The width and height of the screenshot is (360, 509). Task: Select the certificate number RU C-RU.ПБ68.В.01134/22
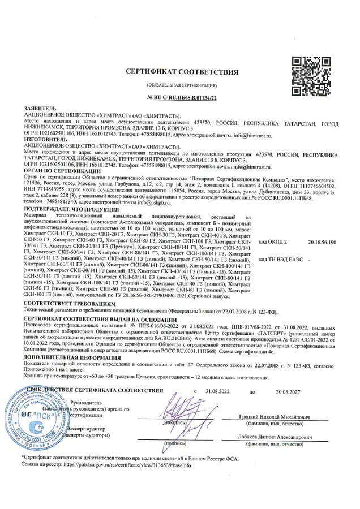point(185,98)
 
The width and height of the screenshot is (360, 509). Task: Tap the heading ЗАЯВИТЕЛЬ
point(40,109)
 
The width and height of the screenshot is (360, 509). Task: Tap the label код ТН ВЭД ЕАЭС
point(284,259)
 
